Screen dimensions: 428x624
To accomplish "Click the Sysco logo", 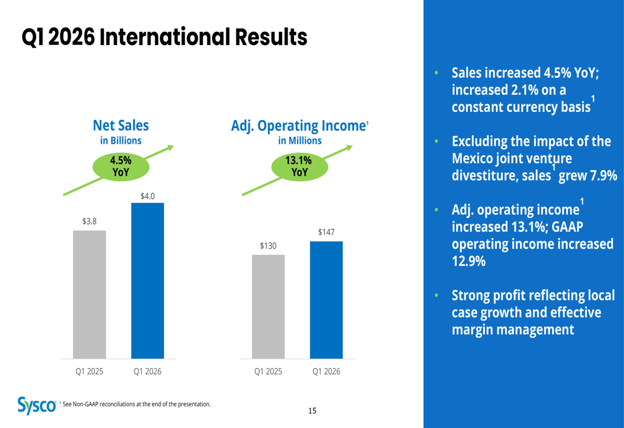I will [x=37, y=406].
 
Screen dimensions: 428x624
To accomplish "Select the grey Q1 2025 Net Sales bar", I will [x=89, y=294].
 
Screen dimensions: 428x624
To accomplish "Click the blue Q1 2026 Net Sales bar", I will [x=147, y=281].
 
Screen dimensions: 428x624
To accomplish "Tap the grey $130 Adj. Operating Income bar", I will [x=268, y=306].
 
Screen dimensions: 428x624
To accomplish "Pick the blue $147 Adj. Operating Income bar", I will [x=326, y=300].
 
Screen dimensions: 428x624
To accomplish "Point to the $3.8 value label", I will [x=89, y=221].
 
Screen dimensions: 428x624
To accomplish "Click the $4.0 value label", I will [x=147, y=196].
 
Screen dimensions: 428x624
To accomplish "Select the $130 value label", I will [x=268, y=246].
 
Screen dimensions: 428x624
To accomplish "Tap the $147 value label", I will [x=326, y=232].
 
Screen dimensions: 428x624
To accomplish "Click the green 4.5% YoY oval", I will [x=121, y=166].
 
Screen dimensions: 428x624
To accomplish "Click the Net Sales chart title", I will [x=121, y=126].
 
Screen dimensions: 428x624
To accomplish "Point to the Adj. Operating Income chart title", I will [x=298, y=126].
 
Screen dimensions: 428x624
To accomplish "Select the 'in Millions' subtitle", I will [x=300, y=141].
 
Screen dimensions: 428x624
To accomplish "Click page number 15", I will [x=312, y=411].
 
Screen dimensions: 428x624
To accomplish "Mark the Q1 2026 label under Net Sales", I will [x=147, y=371].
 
